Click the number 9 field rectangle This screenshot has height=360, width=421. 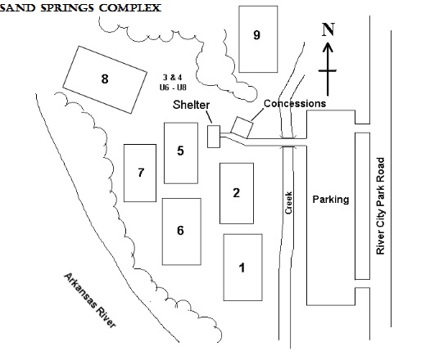(x=258, y=39)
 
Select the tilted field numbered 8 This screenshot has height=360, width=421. (x=105, y=79)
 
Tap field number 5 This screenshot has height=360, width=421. (x=181, y=153)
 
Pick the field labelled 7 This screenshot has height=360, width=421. (x=140, y=173)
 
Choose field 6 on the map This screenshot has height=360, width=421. (x=182, y=232)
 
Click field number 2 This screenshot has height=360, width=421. (x=237, y=193)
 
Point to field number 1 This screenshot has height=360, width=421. (x=242, y=268)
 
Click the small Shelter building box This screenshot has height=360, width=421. (x=214, y=137)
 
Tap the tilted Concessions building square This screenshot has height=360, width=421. (x=242, y=128)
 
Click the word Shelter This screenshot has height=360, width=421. (x=191, y=105)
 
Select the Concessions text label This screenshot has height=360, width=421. (x=295, y=103)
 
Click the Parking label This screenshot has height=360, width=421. (x=331, y=200)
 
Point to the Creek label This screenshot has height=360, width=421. (x=288, y=203)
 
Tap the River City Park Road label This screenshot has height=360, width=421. (x=380, y=206)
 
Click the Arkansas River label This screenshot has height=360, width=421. (x=90, y=299)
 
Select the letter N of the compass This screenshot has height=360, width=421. (x=328, y=29)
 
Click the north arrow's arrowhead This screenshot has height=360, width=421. (x=328, y=47)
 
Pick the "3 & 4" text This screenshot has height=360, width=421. (x=173, y=78)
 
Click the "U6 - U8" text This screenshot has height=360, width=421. (x=173, y=88)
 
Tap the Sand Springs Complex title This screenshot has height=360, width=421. (x=80, y=7)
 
